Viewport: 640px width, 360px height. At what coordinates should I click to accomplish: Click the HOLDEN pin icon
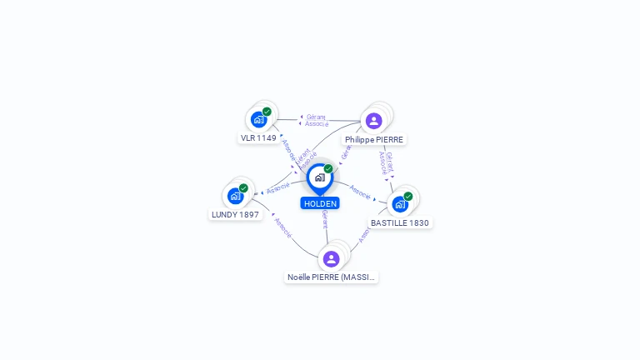click(x=319, y=177)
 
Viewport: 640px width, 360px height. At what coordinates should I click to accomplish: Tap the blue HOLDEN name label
click(x=320, y=203)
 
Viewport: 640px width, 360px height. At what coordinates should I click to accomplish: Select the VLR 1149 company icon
click(x=258, y=119)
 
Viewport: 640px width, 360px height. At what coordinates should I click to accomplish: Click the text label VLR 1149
click(x=258, y=138)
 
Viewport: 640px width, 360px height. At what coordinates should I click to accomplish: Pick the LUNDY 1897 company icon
click(x=235, y=196)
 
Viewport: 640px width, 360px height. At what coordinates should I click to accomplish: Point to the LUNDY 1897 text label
click(x=235, y=214)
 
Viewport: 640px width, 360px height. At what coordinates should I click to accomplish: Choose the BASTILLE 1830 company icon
click(x=400, y=204)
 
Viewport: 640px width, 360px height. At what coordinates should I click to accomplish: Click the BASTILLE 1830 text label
click(x=400, y=223)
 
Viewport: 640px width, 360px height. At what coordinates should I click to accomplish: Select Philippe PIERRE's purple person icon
click(x=373, y=120)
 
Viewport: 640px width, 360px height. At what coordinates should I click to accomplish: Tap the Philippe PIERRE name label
click(x=374, y=140)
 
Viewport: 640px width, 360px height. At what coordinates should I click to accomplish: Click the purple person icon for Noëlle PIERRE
click(x=331, y=258)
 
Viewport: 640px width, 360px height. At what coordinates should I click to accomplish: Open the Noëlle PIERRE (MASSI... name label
click(x=331, y=277)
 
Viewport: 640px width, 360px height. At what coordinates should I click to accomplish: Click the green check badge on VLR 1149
click(x=267, y=112)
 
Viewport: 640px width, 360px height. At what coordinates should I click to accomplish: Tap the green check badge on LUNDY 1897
click(x=243, y=188)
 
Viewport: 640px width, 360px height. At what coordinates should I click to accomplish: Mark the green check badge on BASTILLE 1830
click(x=408, y=197)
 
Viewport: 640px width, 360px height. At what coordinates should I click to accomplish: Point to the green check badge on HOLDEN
click(x=328, y=169)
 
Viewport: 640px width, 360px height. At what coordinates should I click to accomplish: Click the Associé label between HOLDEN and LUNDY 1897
click(x=278, y=189)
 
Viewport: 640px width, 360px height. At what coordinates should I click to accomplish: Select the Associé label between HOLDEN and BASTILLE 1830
click(x=360, y=192)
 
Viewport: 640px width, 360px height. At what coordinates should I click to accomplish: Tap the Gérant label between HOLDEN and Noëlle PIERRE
click(x=324, y=220)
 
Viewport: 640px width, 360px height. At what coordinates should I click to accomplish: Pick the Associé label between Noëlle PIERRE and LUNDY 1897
click(x=282, y=228)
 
